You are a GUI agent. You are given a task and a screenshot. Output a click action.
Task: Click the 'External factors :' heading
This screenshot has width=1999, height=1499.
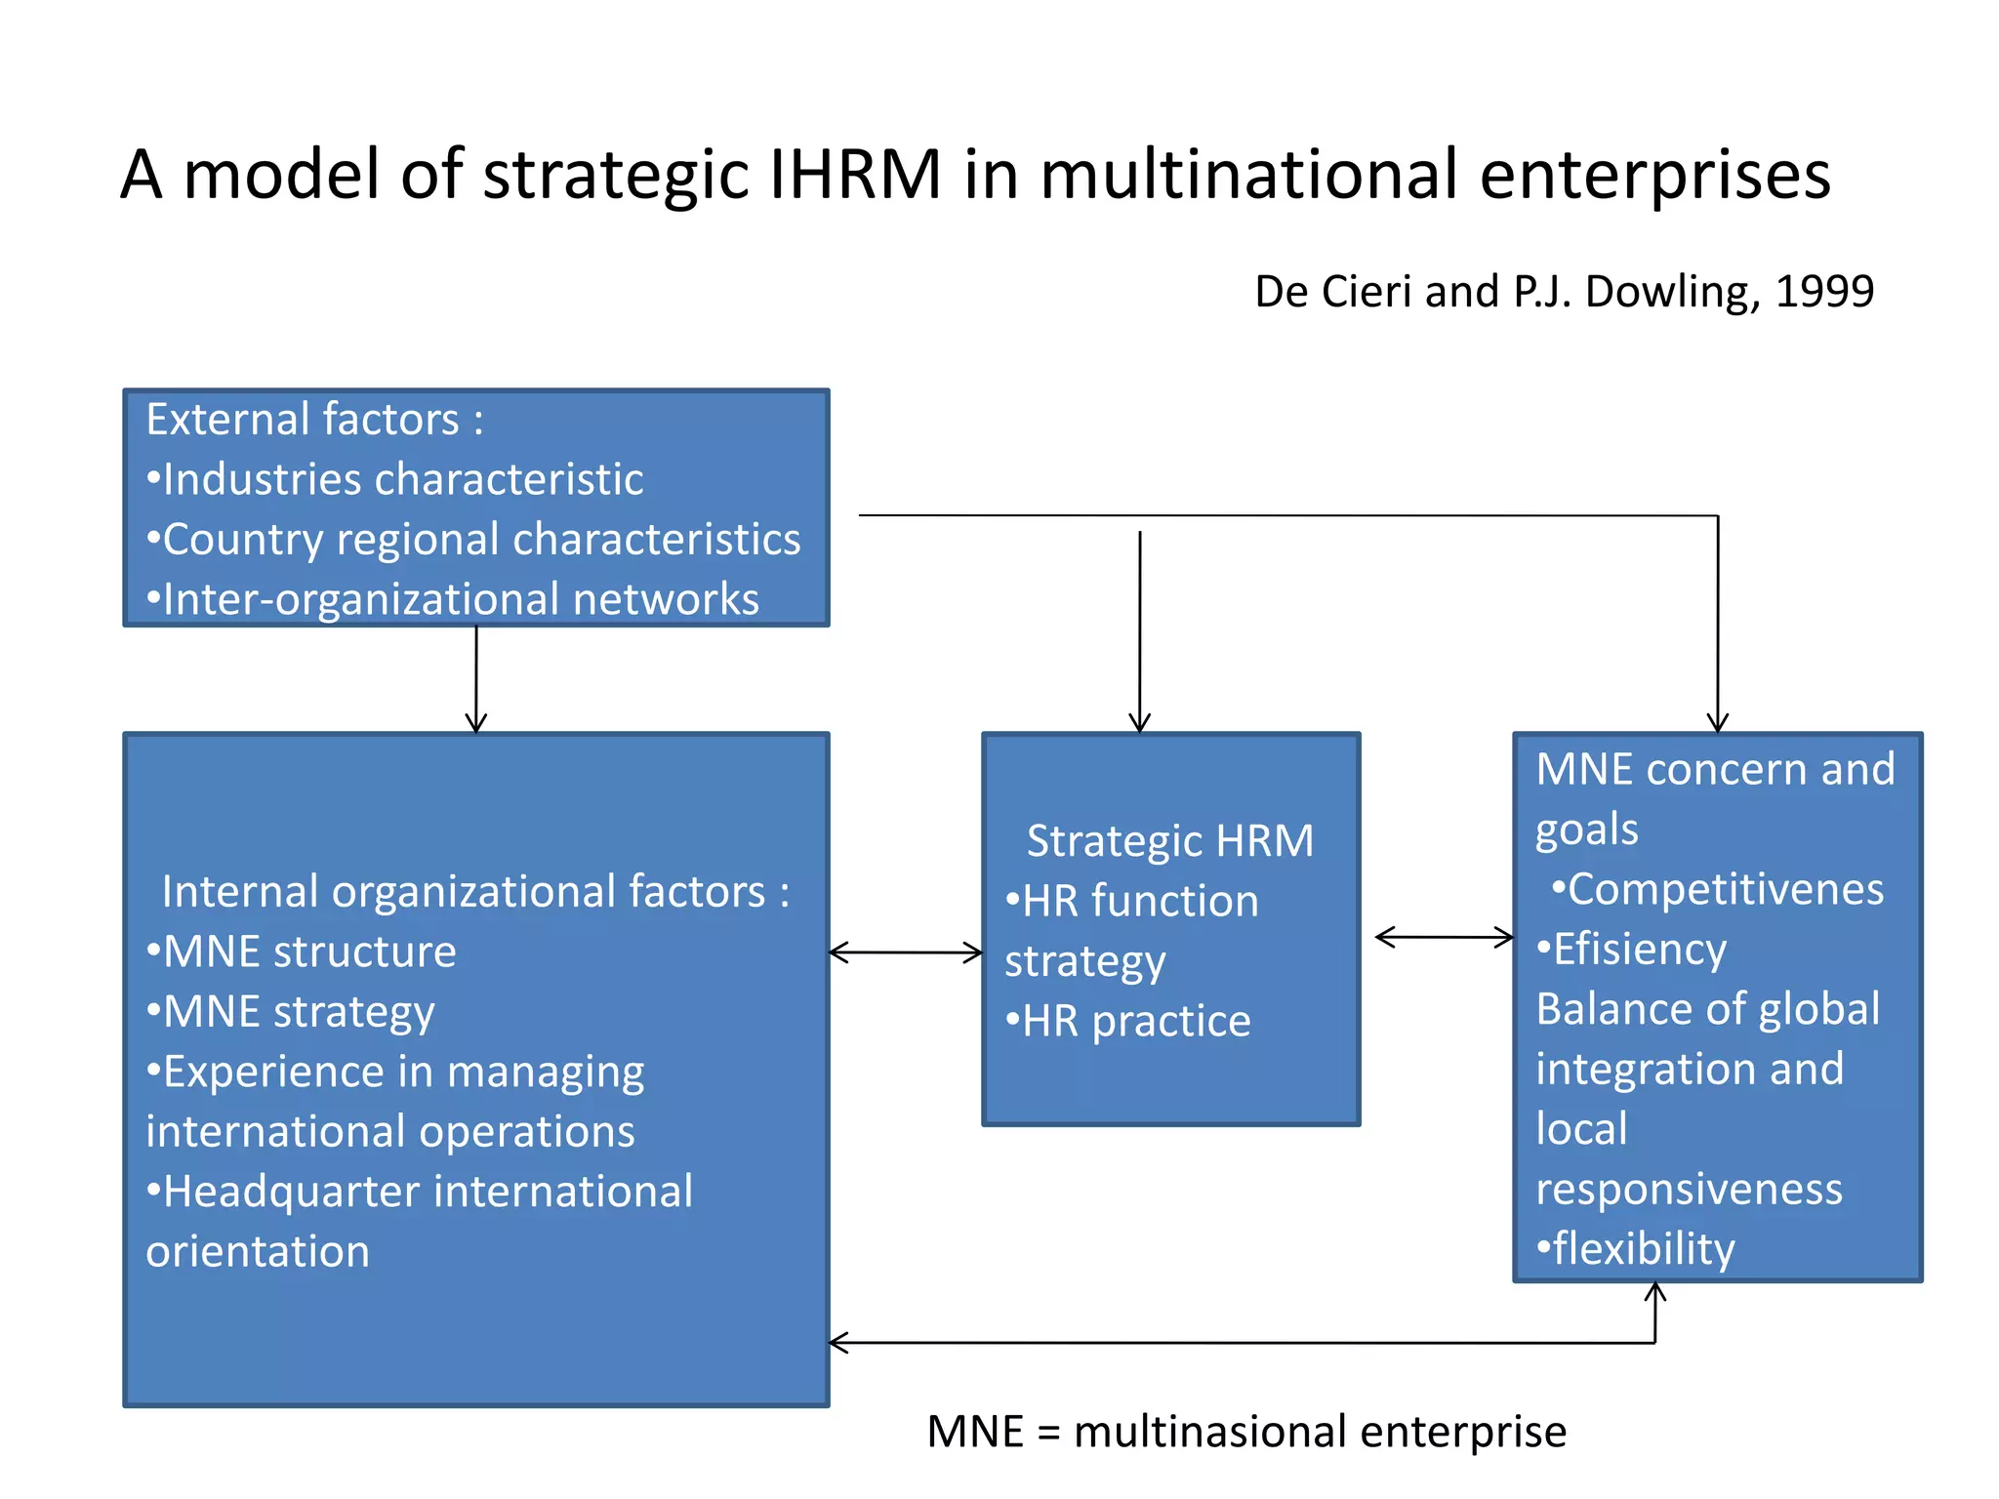point(314,420)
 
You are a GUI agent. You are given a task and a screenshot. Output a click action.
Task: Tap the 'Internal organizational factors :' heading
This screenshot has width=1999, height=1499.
point(475,892)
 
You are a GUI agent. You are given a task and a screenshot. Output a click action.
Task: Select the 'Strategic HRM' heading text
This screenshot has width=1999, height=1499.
point(1169,841)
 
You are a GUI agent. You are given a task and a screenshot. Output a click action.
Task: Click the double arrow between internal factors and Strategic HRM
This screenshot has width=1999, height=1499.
point(905,952)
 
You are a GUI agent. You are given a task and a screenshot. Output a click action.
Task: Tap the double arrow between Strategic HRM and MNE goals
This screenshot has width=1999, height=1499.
point(1443,938)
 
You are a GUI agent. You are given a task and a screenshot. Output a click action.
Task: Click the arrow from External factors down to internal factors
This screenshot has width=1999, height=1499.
point(476,679)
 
